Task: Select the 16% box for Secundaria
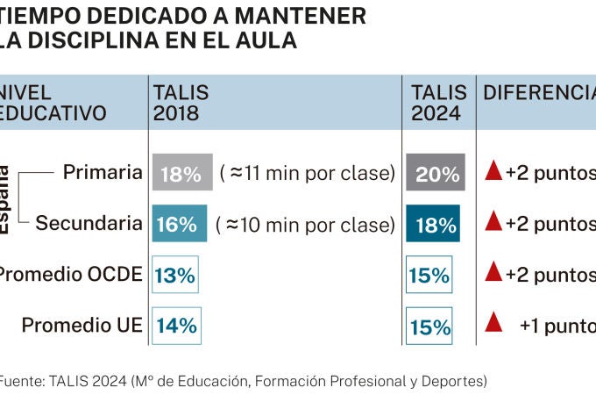click(179, 224)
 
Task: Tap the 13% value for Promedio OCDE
click(175, 275)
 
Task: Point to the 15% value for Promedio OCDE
click(429, 275)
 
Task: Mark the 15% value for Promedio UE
click(429, 327)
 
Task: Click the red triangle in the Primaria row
click(494, 171)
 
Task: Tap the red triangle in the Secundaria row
click(494, 222)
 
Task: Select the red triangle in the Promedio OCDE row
click(494, 273)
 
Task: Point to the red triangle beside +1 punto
click(494, 323)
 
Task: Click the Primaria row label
click(103, 172)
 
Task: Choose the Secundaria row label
click(89, 223)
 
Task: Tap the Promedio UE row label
click(82, 326)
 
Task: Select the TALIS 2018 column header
click(181, 103)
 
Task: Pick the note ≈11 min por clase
click(307, 173)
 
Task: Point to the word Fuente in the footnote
click(22, 381)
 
